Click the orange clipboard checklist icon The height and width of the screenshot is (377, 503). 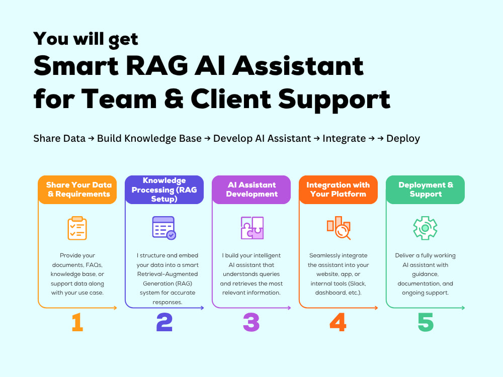[77, 228]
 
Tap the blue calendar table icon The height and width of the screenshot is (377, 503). [164, 228]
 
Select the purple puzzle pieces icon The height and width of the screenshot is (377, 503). [252, 228]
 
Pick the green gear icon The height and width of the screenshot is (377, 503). [425, 228]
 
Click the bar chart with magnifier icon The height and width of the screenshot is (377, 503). [339, 228]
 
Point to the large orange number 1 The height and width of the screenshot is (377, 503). [77, 322]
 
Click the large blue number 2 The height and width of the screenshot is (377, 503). [164, 322]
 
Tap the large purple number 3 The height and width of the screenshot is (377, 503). [251, 322]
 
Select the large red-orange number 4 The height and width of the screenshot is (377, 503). [338, 322]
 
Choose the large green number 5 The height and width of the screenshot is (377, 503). [426, 322]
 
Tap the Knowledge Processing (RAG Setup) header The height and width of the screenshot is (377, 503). [164, 190]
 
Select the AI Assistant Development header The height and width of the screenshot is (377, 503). [251, 190]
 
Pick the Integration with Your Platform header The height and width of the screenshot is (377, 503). [339, 190]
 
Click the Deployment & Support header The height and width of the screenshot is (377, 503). [426, 190]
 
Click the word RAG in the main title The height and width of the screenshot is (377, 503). [157, 66]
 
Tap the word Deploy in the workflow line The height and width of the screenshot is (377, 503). [403, 139]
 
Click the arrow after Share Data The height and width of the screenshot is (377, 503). [91, 139]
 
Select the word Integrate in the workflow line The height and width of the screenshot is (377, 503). [344, 139]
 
